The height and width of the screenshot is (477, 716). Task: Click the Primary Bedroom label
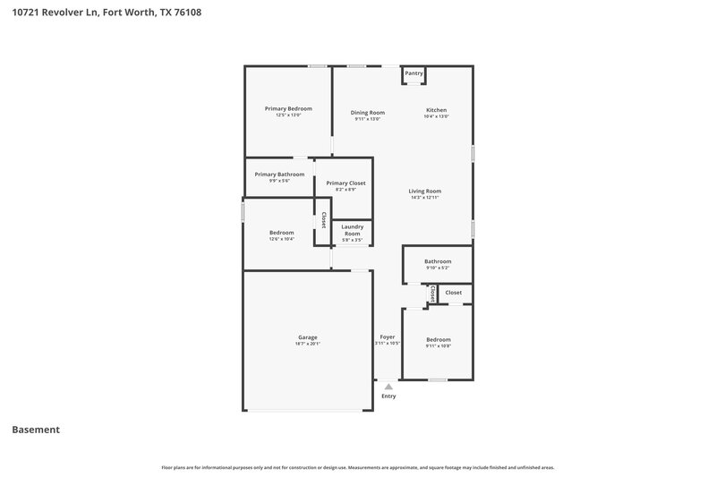tap(288, 108)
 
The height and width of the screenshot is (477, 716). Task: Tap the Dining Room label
tap(367, 113)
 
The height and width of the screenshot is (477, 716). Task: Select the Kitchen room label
tap(436, 110)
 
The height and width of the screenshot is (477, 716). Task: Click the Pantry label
tap(413, 73)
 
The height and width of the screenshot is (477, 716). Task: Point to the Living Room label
tap(425, 191)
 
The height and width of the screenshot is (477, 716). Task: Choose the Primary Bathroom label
tap(279, 175)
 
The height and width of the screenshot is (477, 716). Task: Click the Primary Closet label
tap(345, 183)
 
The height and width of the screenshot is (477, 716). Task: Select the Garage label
tap(307, 337)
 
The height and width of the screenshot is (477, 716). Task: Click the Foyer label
tap(387, 336)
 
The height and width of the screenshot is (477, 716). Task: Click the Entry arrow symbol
tap(388, 386)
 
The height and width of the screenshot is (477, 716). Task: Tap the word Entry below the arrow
tap(388, 396)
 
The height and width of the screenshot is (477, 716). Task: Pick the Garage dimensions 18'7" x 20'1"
tap(307, 344)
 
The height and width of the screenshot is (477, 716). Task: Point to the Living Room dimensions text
tap(425, 198)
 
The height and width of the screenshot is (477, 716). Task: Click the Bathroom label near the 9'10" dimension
tap(438, 261)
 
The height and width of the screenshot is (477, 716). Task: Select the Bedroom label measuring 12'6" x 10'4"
tap(282, 233)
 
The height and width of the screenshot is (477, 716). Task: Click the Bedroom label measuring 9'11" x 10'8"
tap(438, 339)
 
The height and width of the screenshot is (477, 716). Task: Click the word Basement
tap(36, 430)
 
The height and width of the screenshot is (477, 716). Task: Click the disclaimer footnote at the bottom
tap(358, 467)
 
